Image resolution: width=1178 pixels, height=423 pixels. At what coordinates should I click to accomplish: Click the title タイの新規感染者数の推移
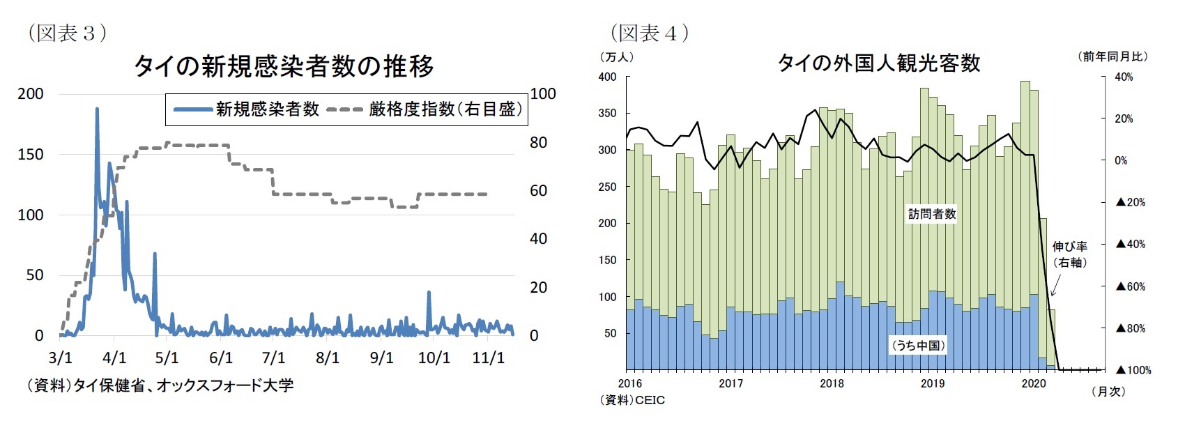click(x=283, y=66)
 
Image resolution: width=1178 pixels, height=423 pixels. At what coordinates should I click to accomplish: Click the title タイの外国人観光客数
click(x=878, y=63)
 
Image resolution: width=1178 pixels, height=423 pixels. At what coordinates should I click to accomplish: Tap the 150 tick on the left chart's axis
click(x=31, y=154)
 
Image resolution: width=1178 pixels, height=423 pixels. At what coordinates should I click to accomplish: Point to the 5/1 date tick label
click(x=167, y=358)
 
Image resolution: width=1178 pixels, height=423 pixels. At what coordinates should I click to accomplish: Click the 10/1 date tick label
click(x=434, y=358)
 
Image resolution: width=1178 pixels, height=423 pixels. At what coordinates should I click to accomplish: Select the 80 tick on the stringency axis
click(x=538, y=142)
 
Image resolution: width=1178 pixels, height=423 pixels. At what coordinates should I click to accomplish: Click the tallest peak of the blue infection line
click(x=97, y=109)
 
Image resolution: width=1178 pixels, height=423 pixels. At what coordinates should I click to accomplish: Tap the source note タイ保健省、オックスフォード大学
click(x=160, y=385)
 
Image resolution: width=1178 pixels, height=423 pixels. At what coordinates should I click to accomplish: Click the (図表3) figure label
click(x=67, y=33)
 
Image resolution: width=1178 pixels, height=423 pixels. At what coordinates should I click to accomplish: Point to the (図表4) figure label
click(x=650, y=33)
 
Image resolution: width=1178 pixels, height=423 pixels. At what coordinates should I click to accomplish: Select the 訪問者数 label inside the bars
click(x=931, y=214)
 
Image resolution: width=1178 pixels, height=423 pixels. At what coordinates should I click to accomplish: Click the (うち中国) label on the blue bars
click(x=919, y=346)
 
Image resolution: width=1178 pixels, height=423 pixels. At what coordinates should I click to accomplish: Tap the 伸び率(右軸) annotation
click(x=1070, y=254)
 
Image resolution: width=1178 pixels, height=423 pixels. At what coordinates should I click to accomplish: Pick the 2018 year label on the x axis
click(x=832, y=383)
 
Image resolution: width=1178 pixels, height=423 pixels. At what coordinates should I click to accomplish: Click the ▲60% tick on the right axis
click(x=1130, y=286)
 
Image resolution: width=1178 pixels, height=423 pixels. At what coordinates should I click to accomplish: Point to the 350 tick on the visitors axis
click(x=607, y=113)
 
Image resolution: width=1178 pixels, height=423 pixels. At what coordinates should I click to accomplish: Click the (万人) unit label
click(x=616, y=57)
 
